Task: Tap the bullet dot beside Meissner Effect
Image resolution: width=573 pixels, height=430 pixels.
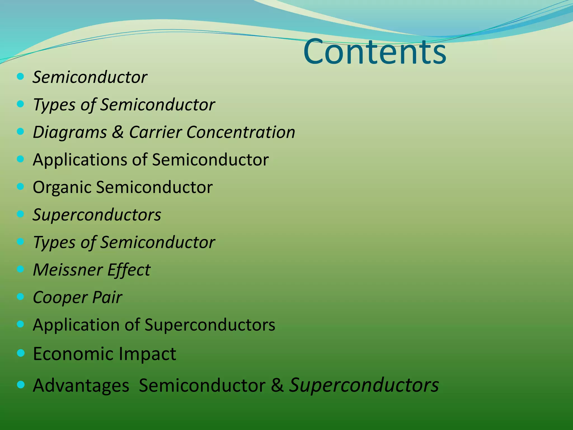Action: (x=20, y=269)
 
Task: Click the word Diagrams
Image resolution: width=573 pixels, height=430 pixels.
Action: (x=70, y=132)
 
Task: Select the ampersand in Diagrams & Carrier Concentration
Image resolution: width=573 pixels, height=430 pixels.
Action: (x=118, y=132)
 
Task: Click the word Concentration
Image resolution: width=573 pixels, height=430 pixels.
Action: (x=241, y=132)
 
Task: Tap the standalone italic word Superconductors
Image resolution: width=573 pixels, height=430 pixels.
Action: (x=97, y=215)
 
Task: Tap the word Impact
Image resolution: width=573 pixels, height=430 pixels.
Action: (x=147, y=354)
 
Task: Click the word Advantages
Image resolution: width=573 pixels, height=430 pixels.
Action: (x=81, y=386)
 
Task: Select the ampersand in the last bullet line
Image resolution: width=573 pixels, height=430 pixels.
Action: (x=277, y=385)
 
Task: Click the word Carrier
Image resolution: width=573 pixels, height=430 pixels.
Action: (x=155, y=132)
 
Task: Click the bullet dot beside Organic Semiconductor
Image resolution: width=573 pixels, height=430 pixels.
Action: (x=20, y=186)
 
